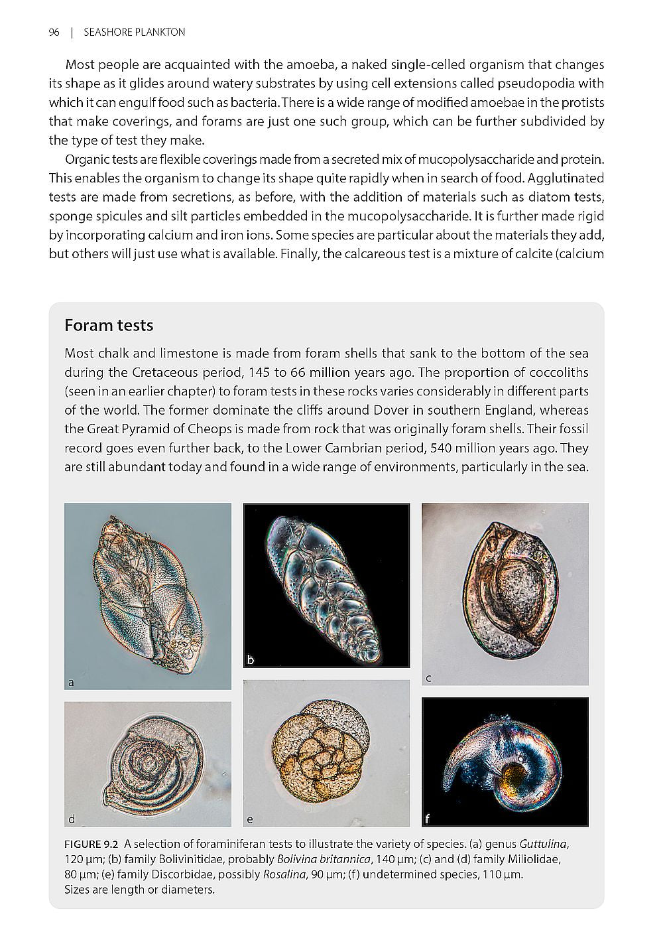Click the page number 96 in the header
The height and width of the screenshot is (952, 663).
pyautogui.click(x=54, y=32)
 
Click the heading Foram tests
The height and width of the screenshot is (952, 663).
pyautogui.click(x=109, y=325)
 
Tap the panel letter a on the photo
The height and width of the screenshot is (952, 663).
pyautogui.click(x=71, y=681)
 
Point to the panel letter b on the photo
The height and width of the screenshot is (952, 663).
pyautogui.click(x=251, y=659)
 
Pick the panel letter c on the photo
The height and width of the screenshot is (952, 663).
pyautogui.click(x=428, y=677)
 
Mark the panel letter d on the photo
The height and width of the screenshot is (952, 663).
pyautogui.click(x=72, y=819)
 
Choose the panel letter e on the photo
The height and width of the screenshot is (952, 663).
pyautogui.click(x=250, y=819)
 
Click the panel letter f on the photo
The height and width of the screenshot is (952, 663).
pyautogui.click(x=428, y=819)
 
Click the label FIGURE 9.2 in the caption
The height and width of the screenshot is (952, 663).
pyautogui.click(x=91, y=845)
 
